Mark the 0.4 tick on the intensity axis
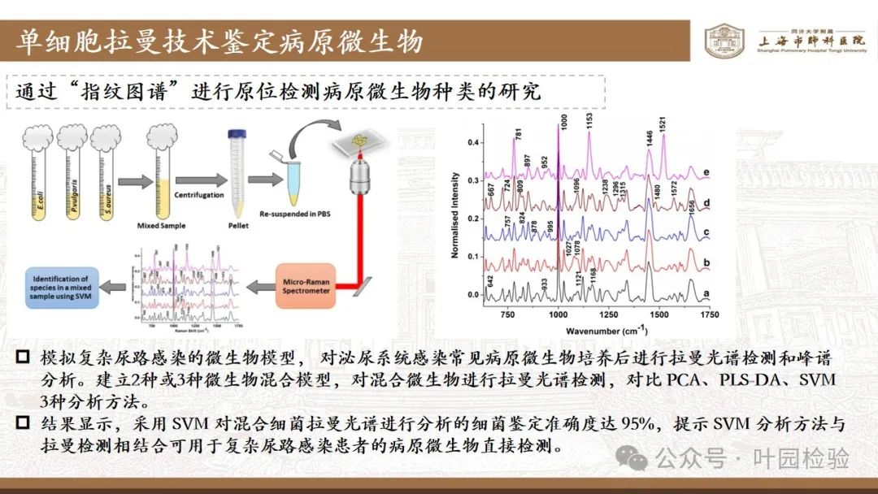click(472, 142)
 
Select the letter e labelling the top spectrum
click(707, 172)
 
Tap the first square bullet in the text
click(24, 358)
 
